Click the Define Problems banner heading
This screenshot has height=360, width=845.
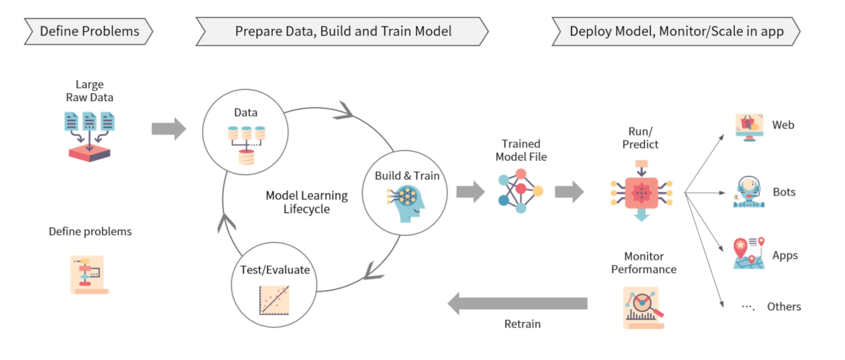(89, 31)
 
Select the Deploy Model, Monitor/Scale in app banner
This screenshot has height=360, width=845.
(676, 31)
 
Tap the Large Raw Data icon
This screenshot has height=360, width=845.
(89, 136)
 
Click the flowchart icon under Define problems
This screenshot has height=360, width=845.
(89, 275)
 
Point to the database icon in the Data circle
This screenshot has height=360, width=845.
(246, 144)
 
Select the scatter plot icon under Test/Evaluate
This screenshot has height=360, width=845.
(274, 300)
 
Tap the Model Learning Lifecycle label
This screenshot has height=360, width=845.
(306, 202)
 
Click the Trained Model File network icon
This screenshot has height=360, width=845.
(520, 191)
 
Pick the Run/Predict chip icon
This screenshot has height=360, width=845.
(641, 192)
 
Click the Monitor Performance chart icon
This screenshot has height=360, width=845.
(643, 307)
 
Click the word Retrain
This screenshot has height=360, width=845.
(522, 324)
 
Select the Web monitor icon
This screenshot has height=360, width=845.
(749, 127)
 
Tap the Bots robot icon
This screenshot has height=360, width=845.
(748, 192)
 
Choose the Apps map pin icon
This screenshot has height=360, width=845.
(748, 253)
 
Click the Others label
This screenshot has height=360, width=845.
(784, 306)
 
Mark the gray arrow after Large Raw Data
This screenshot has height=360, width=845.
(169, 129)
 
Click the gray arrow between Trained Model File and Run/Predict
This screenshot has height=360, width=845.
(569, 192)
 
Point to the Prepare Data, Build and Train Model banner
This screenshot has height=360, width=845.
(342, 31)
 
